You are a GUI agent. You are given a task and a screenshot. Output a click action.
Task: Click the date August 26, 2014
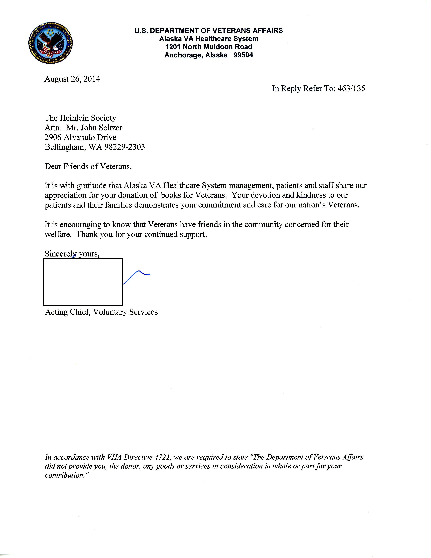tap(72, 79)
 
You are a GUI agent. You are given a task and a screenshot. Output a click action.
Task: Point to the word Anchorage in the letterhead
tap(183, 55)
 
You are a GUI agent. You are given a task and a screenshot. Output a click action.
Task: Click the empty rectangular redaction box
tap(83, 282)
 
